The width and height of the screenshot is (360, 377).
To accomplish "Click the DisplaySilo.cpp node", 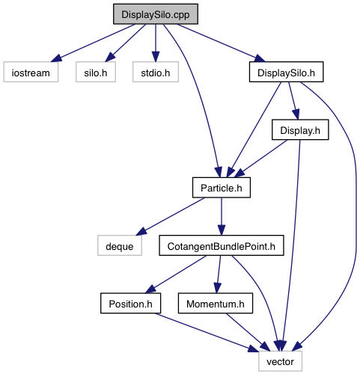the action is click(x=156, y=14).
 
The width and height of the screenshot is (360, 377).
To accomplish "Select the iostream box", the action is click(x=31, y=72).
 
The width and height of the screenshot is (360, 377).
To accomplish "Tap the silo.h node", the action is click(x=96, y=72).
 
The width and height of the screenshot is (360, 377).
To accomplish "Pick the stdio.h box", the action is click(x=156, y=72).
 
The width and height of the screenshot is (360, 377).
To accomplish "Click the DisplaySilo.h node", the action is click(x=286, y=72).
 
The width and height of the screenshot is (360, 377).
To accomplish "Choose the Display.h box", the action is click(x=300, y=129).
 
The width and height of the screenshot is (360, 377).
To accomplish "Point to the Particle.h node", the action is click(x=222, y=188).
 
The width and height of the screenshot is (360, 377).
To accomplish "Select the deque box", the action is click(x=120, y=245).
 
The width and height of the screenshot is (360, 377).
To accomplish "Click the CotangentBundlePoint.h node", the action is click(x=222, y=245).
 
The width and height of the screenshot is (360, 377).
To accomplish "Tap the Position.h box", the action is click(x=130, y=303).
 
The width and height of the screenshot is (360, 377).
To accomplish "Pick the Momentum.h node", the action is click(x=216, y=303).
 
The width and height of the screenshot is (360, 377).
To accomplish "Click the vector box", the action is click(x=280, y=361).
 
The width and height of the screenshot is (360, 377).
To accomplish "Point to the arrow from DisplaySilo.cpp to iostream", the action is click(x=93, y=43).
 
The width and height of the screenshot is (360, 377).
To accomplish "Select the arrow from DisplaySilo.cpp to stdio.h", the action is click(x=156, y=43).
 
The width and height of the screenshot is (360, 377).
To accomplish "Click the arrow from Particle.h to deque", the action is click(x=170, y=216).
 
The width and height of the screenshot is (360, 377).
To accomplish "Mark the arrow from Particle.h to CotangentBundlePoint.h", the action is click(x=222, y=216).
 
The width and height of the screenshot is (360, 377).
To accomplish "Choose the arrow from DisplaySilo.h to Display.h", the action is click(x=293, y=101).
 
